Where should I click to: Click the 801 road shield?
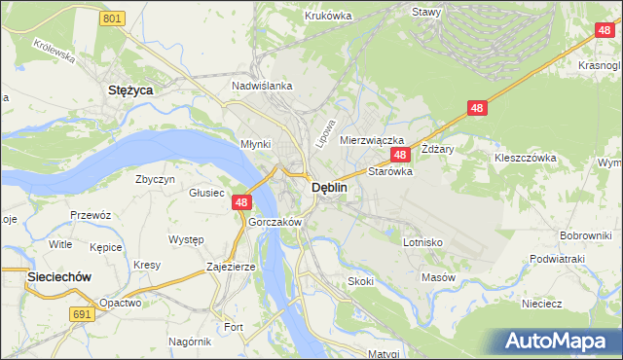(113, 18)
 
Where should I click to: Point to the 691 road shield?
(82, 314)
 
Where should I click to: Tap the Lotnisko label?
(423, 242)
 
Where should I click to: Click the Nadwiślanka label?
(262, 86)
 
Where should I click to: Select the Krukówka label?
(327, 16)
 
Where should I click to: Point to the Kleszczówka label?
(525, 157)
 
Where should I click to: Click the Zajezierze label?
(231, 266)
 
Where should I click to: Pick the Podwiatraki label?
(556, 259)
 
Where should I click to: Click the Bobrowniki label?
(585, 236)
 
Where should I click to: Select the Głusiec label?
(206, 193)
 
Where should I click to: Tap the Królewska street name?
(55, 51)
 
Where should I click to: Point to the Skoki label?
(361, 281)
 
